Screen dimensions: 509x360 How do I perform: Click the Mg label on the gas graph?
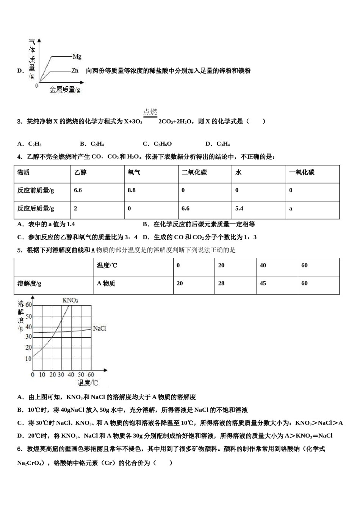(77, 57)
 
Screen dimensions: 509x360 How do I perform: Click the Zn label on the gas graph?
(75, 70)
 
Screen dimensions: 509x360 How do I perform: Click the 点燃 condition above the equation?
(150, 112)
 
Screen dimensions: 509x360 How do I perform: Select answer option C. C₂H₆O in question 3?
(157, 144)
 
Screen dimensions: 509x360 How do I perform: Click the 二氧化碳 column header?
(194, 173)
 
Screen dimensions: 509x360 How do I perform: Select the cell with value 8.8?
(131, 190)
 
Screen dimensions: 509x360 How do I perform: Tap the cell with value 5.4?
(239, 208)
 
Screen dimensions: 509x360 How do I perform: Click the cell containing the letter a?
(291, 209)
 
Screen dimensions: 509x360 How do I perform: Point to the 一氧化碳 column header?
(302, 173)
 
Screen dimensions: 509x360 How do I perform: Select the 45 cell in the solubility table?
(263, 283)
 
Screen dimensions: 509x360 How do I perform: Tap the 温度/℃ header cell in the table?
(107, 265)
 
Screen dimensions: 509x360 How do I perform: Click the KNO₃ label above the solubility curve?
(70, 300)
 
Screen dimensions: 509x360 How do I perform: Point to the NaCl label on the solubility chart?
(99, 328)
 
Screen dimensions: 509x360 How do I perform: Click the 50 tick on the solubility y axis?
(28, 316)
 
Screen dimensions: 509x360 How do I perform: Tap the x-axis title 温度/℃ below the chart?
(88, 383)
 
